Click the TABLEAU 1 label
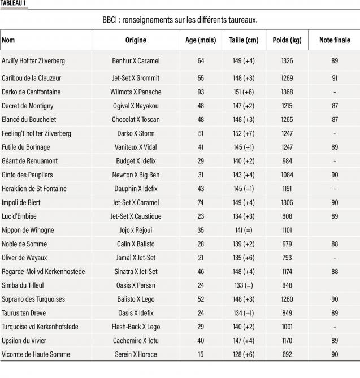[13, 3]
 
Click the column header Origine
[136, 40]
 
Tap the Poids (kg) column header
[287, 40]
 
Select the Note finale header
[335, 40]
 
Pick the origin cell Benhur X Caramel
[136, 60]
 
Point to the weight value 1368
[287, 92]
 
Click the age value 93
[201, 92]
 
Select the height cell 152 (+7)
[244, 133]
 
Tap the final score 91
[335, 77]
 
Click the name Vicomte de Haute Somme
[36, 354]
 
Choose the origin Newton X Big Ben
[136, 175]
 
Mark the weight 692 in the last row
[287, 354]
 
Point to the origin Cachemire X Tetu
[136, 341]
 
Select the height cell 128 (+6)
[244, 354]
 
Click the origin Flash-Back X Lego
[136, 327]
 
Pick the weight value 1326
[287, 60]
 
